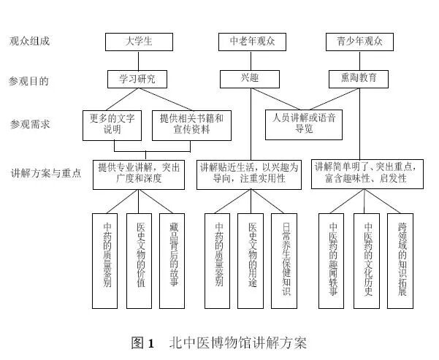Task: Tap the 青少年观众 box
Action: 359,42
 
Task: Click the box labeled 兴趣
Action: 249,78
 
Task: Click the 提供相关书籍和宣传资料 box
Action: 191,123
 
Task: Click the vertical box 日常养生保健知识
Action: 285,260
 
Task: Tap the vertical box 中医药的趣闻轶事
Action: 333,260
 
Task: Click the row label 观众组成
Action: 28,42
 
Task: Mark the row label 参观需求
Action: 28,124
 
